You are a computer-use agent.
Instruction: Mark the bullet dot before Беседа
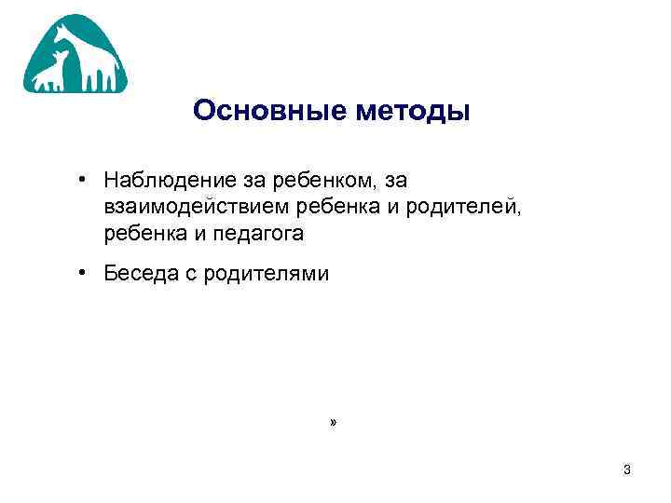pyautogui.click(x=83, y=274)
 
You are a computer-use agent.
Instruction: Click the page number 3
pyautogui.click(x=627, y=470)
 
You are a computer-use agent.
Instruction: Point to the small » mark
pyautogui.click(x=333, y=423)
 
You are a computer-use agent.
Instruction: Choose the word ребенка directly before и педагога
pyautogui.click(x=144, y=234)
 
